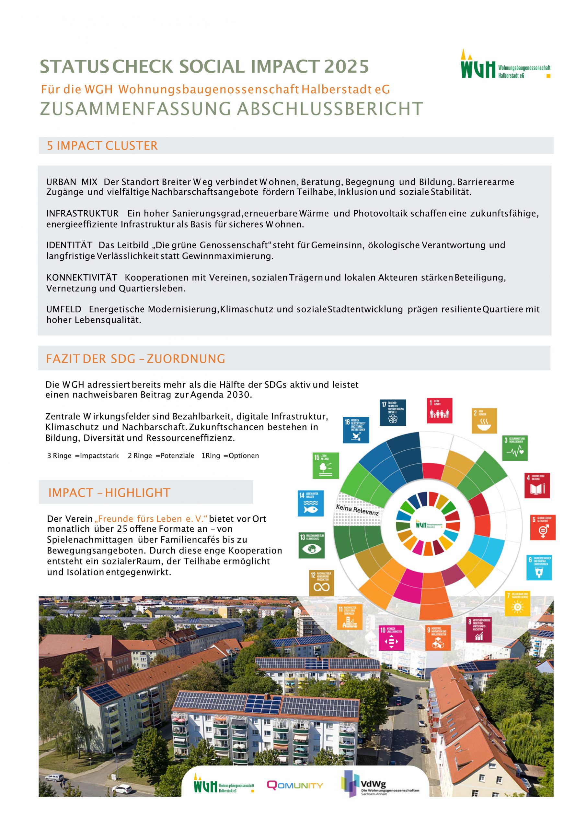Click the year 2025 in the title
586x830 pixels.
pos(346,66)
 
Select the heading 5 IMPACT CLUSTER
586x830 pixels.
pos(102,146)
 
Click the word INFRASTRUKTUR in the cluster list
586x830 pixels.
pos(82,214)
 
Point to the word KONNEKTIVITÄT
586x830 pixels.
pos(82,278)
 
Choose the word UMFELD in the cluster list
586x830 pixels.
pos(63,309)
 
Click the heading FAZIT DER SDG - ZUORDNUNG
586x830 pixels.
pos(135,359)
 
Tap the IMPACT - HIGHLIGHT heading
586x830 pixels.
pos(109,493)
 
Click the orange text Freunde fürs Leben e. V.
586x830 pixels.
pos(151,519)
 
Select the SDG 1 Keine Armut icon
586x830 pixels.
pos(439,411)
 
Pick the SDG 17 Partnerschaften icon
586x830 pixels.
pos(393,412)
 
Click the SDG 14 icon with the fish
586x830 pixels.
pos(310,503)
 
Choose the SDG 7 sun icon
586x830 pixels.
pos(517,603)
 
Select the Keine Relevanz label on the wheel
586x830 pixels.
pos(357,510)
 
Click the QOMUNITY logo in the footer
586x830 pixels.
pos(295,785)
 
